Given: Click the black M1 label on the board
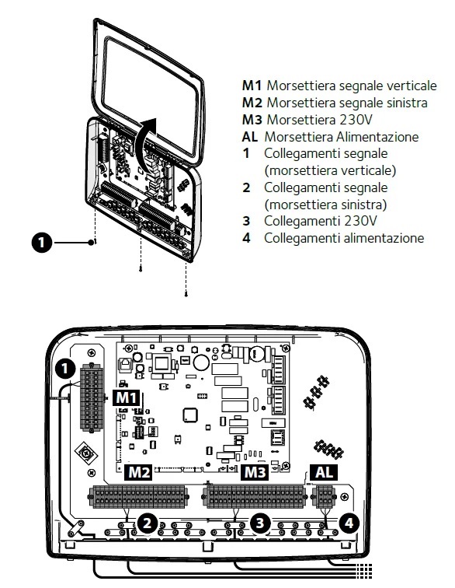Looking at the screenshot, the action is click(x=127, y=397).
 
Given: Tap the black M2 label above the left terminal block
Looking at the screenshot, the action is click(x=138, y=472).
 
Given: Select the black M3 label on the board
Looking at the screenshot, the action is click(x=255, y=472).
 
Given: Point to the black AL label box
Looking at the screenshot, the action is click(x=324, y=472).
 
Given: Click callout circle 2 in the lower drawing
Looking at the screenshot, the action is click(x=148, y=523).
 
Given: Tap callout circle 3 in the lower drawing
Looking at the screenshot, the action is click(x=260, y=523).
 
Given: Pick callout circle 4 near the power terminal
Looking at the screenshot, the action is click(x=349, y=523).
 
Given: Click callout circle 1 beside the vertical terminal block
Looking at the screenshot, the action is click(x=65, y=369).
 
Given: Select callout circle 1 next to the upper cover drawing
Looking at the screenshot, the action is click(x=42, y=243).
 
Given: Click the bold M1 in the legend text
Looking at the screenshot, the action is click(x=252, y=86).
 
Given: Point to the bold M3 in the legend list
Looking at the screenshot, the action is click(x=252, y=120).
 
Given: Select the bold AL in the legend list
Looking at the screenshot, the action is click(x=250, y=137).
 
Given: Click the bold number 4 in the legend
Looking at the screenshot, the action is click(x=246, y=238).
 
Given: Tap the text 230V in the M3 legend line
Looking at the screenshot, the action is click(x=357, y=120).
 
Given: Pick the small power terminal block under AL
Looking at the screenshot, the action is click(x=324, y=496).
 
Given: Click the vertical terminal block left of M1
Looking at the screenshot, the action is click(x=92, y=398).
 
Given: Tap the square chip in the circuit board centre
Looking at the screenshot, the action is click(x=190, y=415).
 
